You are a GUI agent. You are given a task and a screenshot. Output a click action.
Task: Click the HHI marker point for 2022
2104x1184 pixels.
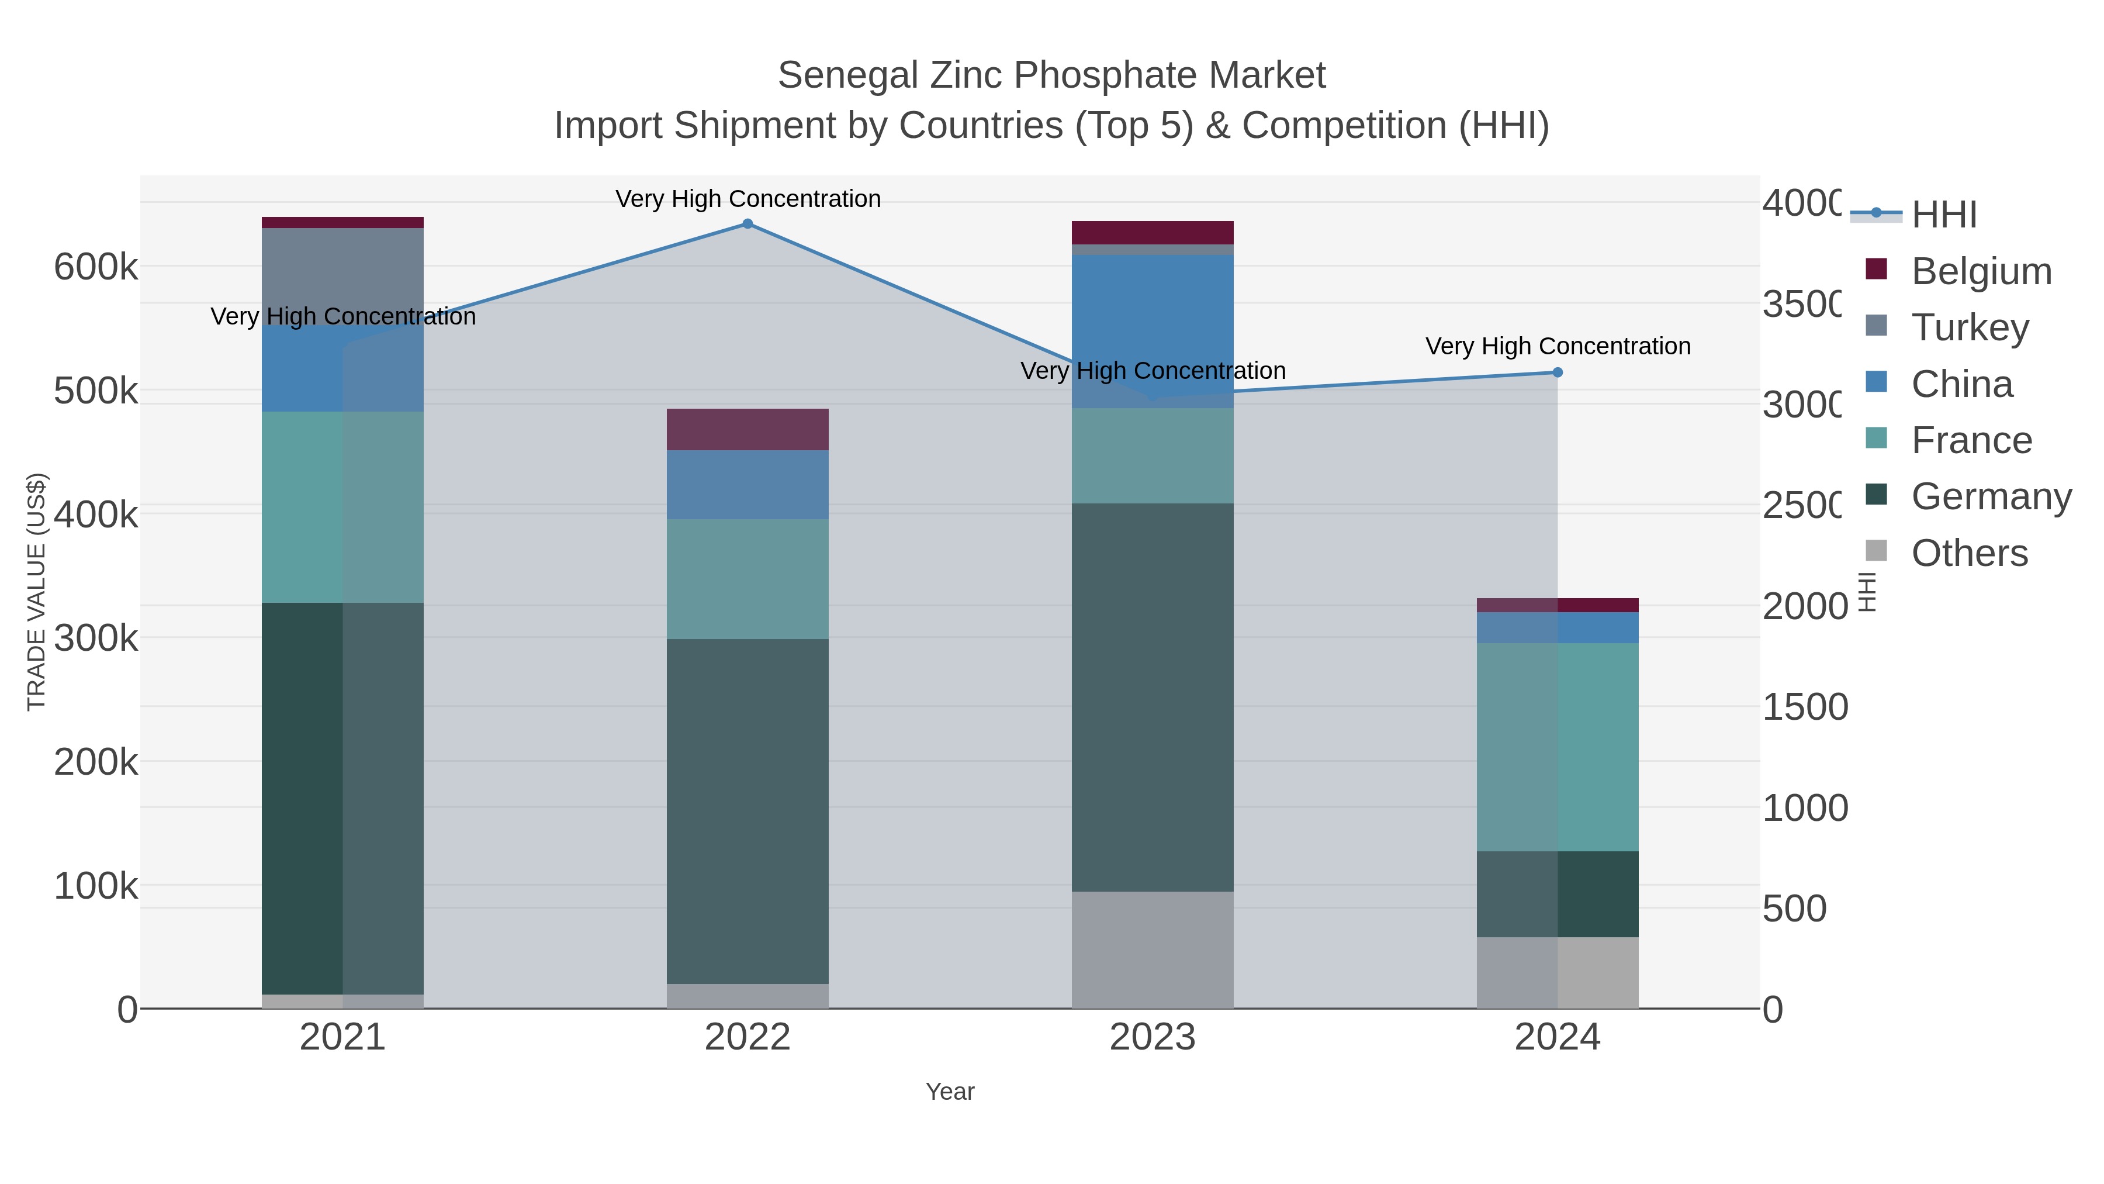[748, 224]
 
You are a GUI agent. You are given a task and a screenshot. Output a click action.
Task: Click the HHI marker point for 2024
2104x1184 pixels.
[1558, 372]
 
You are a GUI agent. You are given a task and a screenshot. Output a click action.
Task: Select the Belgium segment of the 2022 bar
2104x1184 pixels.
[748, 430]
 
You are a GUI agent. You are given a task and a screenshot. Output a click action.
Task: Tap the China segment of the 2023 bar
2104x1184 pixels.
[1153, 331]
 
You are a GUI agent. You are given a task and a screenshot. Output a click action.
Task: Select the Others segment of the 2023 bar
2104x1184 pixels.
[1153, 950]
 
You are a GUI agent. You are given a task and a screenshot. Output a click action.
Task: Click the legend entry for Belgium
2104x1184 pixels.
[1981, 271]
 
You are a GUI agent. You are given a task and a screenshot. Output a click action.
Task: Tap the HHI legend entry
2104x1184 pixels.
[1943, 215]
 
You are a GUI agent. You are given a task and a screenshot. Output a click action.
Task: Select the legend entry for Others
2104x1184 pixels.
[1968, 553]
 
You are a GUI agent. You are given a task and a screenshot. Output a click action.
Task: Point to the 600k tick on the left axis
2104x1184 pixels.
[96, 267]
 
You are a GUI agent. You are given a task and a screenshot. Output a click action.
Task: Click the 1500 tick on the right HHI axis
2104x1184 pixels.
[1804, 707]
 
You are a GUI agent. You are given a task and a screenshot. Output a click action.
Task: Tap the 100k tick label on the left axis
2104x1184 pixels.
[96, 886]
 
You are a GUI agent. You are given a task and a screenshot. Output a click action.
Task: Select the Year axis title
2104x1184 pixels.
[950, 1092]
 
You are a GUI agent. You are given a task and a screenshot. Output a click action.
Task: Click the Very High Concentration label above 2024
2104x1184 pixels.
[1558, 347]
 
